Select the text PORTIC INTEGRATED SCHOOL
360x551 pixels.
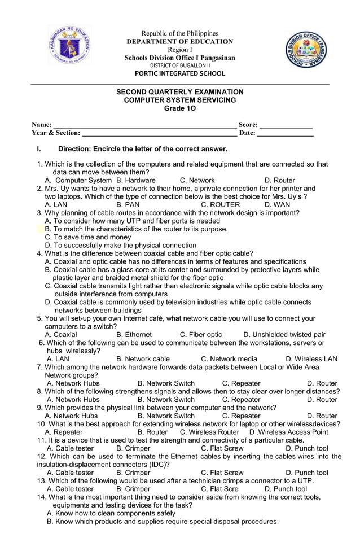pos(179,73)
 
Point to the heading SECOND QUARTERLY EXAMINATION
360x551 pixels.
pos(179,91)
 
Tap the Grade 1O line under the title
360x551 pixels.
pos(179,108)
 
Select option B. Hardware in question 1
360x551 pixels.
pos(136,181)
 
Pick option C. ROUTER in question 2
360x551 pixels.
pos(220,205)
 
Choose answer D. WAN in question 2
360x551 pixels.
pos(278,205)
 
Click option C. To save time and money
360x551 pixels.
pos(87,238)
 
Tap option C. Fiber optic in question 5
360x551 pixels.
pos(201,335)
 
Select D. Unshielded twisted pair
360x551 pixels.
pos(284,335)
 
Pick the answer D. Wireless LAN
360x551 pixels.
pos(311,359)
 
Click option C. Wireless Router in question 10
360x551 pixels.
pos(209,432)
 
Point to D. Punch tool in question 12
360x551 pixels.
pos(307,473)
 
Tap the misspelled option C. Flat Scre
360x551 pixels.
pos(219,489)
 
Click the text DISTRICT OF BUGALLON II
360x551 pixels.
pos(179,65)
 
